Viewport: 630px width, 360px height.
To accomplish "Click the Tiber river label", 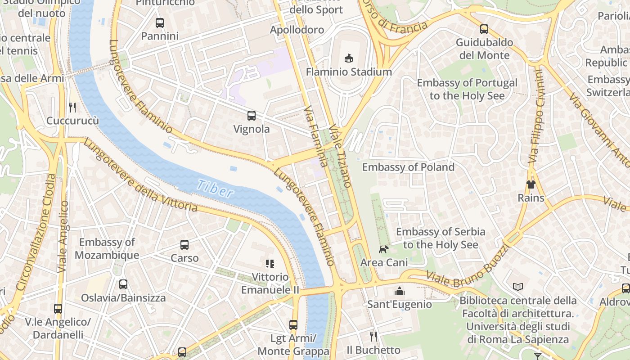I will click(x=216, y=189).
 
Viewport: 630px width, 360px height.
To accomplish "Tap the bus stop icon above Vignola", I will click(x=251, y=116).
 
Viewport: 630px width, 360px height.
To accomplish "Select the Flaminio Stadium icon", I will click(x=349, y=58).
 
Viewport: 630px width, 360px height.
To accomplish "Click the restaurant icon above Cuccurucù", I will click(x=72, y=107).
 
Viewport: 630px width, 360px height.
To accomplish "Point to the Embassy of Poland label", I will click(x=408, y=167).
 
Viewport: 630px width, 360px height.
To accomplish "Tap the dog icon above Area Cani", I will click(x=383, y=249).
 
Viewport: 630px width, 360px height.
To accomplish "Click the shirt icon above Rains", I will click(x=531, y=184).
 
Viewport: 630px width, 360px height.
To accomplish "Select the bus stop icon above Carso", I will click(x=184, y=245).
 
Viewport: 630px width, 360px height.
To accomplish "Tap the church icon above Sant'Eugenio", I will click(x=400, y=291).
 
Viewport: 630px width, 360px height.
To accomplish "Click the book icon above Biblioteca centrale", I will click(x=518, y=287).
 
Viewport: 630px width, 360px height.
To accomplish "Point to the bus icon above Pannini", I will click(x=159, y=23).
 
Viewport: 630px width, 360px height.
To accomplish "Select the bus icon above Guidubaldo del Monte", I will click(x=484, y=29).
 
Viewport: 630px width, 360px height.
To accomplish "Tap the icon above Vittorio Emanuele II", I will click(x=270, y=264).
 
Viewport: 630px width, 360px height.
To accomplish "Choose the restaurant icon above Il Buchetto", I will click(x=373, y=337).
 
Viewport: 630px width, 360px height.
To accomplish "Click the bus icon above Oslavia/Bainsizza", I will click(x=123, y=284).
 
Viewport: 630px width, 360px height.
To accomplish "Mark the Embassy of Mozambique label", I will click(x=107, y=249).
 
